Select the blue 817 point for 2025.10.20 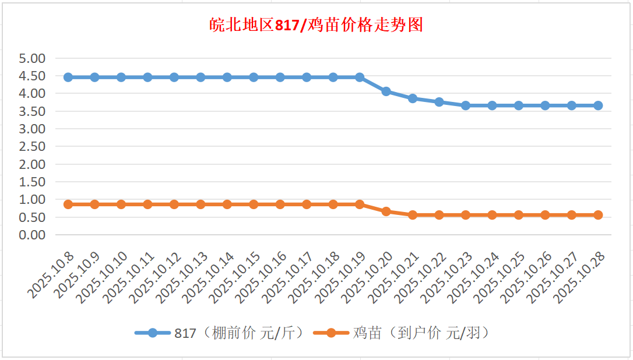386,91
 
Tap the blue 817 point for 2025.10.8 68,77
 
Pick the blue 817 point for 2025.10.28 598,105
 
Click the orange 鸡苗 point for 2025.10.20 386,211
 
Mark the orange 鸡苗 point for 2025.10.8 68,204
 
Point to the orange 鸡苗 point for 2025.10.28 598,215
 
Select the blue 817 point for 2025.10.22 439,102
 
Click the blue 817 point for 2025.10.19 360,77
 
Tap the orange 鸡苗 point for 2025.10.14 227,204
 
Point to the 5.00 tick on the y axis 32,58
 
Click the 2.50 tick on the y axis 32,147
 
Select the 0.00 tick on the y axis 32,235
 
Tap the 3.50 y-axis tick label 32,111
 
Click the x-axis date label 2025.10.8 51,274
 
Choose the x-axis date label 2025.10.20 365,277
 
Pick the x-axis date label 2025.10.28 578,277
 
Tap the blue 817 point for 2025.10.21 413,98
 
